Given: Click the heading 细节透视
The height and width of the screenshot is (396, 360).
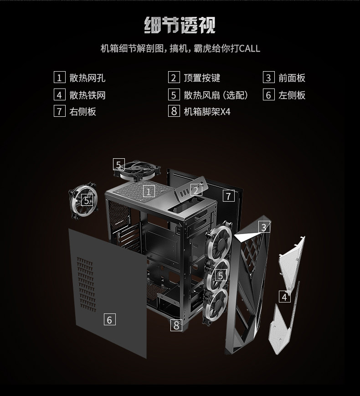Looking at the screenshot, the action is tap(180, 25).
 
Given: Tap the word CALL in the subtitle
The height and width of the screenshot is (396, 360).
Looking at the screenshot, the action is tap(249, 48).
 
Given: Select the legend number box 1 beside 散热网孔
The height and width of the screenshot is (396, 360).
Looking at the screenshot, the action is tap(59, 78).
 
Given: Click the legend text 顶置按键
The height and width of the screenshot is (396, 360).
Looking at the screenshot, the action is tap(202, 78).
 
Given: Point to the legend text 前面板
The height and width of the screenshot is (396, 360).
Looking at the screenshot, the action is tap(292, 78).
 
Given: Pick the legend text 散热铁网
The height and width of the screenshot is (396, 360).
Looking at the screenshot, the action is tap(87, 95).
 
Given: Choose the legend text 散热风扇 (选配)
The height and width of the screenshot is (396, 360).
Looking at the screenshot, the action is tap(216, 95).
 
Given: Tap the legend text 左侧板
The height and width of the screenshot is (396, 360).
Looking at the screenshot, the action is tap(292, 95).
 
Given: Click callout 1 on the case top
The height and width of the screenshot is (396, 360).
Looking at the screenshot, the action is tap(149, 191).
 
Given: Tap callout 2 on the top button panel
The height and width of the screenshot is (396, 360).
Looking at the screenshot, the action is tap(196, 190).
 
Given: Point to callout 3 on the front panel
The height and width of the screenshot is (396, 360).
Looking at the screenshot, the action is tap(264, 227).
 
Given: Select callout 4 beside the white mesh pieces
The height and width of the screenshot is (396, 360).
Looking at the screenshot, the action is tap(285, 297).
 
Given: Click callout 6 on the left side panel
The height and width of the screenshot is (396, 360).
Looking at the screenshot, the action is tap(109, 320).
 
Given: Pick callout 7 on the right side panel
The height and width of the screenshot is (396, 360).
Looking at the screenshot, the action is tap(229, 196).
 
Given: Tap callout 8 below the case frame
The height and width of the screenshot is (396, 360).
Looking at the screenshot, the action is tap(177, 325).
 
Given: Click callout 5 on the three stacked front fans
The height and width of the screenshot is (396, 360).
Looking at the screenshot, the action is tap(221, 275).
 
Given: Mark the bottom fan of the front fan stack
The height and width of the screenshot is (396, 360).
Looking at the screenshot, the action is tap(216, 300).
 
